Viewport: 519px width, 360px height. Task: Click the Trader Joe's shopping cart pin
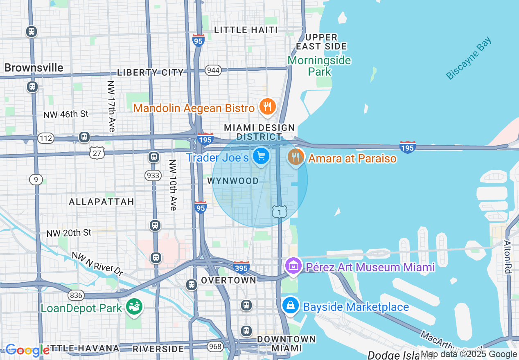pyautogui.click(x=261, y=156)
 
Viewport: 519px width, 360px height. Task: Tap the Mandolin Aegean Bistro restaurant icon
pyautogui.click(x=268, y=107)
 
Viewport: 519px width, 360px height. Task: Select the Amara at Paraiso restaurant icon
pyautogui.click(x=296, y=157)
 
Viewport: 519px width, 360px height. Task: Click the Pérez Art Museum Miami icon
pyautogui.click(x=293, y=267)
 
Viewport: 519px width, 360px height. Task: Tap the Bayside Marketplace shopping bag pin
pyautogui.click(x=290, y=306)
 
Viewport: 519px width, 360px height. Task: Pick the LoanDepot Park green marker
pyautogui.click(x=134, y=306)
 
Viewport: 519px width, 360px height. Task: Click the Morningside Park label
pyautogui.click(x=319, y=66)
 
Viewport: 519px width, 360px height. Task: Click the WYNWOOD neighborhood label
pyautogui.click(x=233, y=181)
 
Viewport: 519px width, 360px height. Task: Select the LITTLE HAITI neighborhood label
pyautogui.click(x=246, y=30)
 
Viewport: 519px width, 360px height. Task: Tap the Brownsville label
pyautogui.click(x=34, y=67)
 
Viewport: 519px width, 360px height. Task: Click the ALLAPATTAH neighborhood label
pyautogui.click(x=102, y=202)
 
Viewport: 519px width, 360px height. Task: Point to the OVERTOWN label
pyautogui.click(x=228, y=280)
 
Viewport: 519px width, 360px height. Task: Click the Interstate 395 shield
pyautogui.click(x=241, y=267)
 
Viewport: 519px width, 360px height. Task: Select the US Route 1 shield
pyautogui.click(x=280, y=211)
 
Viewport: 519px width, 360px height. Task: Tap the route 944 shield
pyautogui.click(x=213, y=70)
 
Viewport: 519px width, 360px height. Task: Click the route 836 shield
pyautogui.click(x=76, y=295)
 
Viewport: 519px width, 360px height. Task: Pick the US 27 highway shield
pyautogui.click(x=97, y=153)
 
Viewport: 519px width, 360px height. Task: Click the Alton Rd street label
pyautogui.click(x=508, y=256)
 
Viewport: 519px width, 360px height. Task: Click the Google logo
pyautogui.click(x=27, y=350)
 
